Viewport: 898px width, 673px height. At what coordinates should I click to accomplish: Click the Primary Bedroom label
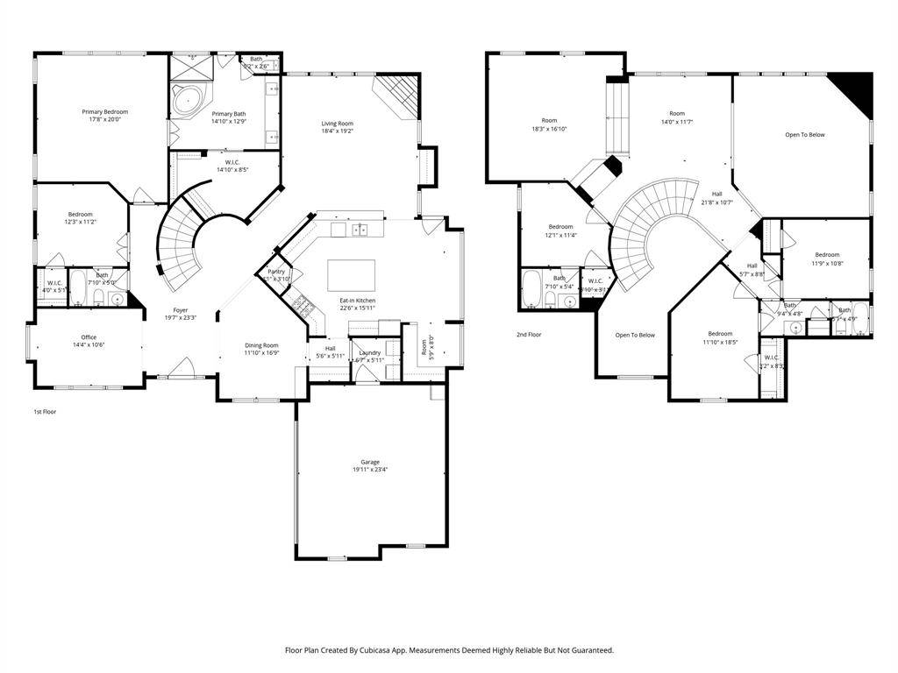tap(105, 111)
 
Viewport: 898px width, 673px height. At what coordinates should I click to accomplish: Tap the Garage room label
tap(369, 462)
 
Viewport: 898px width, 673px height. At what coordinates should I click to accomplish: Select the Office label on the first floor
tap(89, 337)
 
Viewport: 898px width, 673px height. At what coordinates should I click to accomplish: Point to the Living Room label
tap(338, 124)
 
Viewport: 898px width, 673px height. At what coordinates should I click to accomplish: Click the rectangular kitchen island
tap(351, 275)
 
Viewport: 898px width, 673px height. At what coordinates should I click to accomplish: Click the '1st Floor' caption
tap(45, 411)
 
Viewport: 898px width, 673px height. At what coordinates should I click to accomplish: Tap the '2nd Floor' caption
tap(529, 335)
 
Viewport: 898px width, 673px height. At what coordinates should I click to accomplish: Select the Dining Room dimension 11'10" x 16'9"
tap(261, 353)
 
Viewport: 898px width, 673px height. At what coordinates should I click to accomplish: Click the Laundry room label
tap(369, 352)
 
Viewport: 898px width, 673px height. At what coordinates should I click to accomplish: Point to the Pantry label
tap(275, 272)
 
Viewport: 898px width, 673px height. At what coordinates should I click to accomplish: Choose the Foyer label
tap(180, 310)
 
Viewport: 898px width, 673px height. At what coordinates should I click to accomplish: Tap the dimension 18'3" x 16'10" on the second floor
tap(549, 129)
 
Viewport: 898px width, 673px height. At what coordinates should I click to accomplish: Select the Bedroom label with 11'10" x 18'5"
tap(720, 333)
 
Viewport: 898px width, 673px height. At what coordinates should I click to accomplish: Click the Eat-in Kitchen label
tap(358, 301)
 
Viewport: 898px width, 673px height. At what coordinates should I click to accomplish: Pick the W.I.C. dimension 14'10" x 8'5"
tap(232, 170)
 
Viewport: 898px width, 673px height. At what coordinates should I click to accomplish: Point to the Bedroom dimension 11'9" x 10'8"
tap(827, 263)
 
